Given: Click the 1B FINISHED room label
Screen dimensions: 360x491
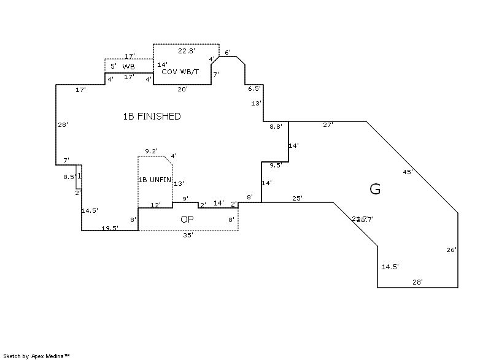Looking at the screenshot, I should pyautogui.click(x=152, y=116).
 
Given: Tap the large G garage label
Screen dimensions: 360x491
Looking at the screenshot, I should pyautogui.click(x=375, y=189).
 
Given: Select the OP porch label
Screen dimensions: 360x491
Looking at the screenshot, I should pyautogui.click(x=187, y=219).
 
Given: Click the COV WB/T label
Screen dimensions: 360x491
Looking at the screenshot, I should pyautogui.click(x=180, y=72).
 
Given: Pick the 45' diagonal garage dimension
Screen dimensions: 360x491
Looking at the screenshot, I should pyautogui.click(x=408, y=172).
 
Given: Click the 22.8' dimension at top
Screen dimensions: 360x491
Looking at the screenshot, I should pyautogui.click(x=187, y=50).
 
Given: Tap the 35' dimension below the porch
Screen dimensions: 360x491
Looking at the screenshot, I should pyautogui.click(x=188, y=235).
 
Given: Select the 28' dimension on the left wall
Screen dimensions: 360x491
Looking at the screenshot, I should pyautogui.click(x=63, y=125).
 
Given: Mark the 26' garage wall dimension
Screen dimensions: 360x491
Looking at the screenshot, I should pyautogui.click(x=451, y=250).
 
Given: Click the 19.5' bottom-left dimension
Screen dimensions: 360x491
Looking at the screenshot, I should pyautogui.click(x=110, y=228).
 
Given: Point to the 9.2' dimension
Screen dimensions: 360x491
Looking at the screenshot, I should pyautogui.click(x=151, y=151).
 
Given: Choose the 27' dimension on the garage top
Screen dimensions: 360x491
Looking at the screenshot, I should pyautogui.click(x=328, y=124).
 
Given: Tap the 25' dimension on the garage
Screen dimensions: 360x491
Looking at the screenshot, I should pyautogui.click(x=297, y=198).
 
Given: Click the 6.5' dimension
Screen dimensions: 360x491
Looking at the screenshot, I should pyautogui.click(x=254, y=89).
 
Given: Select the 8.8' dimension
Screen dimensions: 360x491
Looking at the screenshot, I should pyautogui.click(x=276, y=127).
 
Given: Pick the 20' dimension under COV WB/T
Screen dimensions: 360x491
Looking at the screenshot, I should pyautogui.click(x=182, y=89).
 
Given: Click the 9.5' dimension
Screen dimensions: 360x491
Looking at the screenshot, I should pyautogui.click(x=276, y=165).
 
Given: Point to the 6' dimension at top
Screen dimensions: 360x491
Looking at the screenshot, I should pyautogui.click(x=228, y=53).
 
